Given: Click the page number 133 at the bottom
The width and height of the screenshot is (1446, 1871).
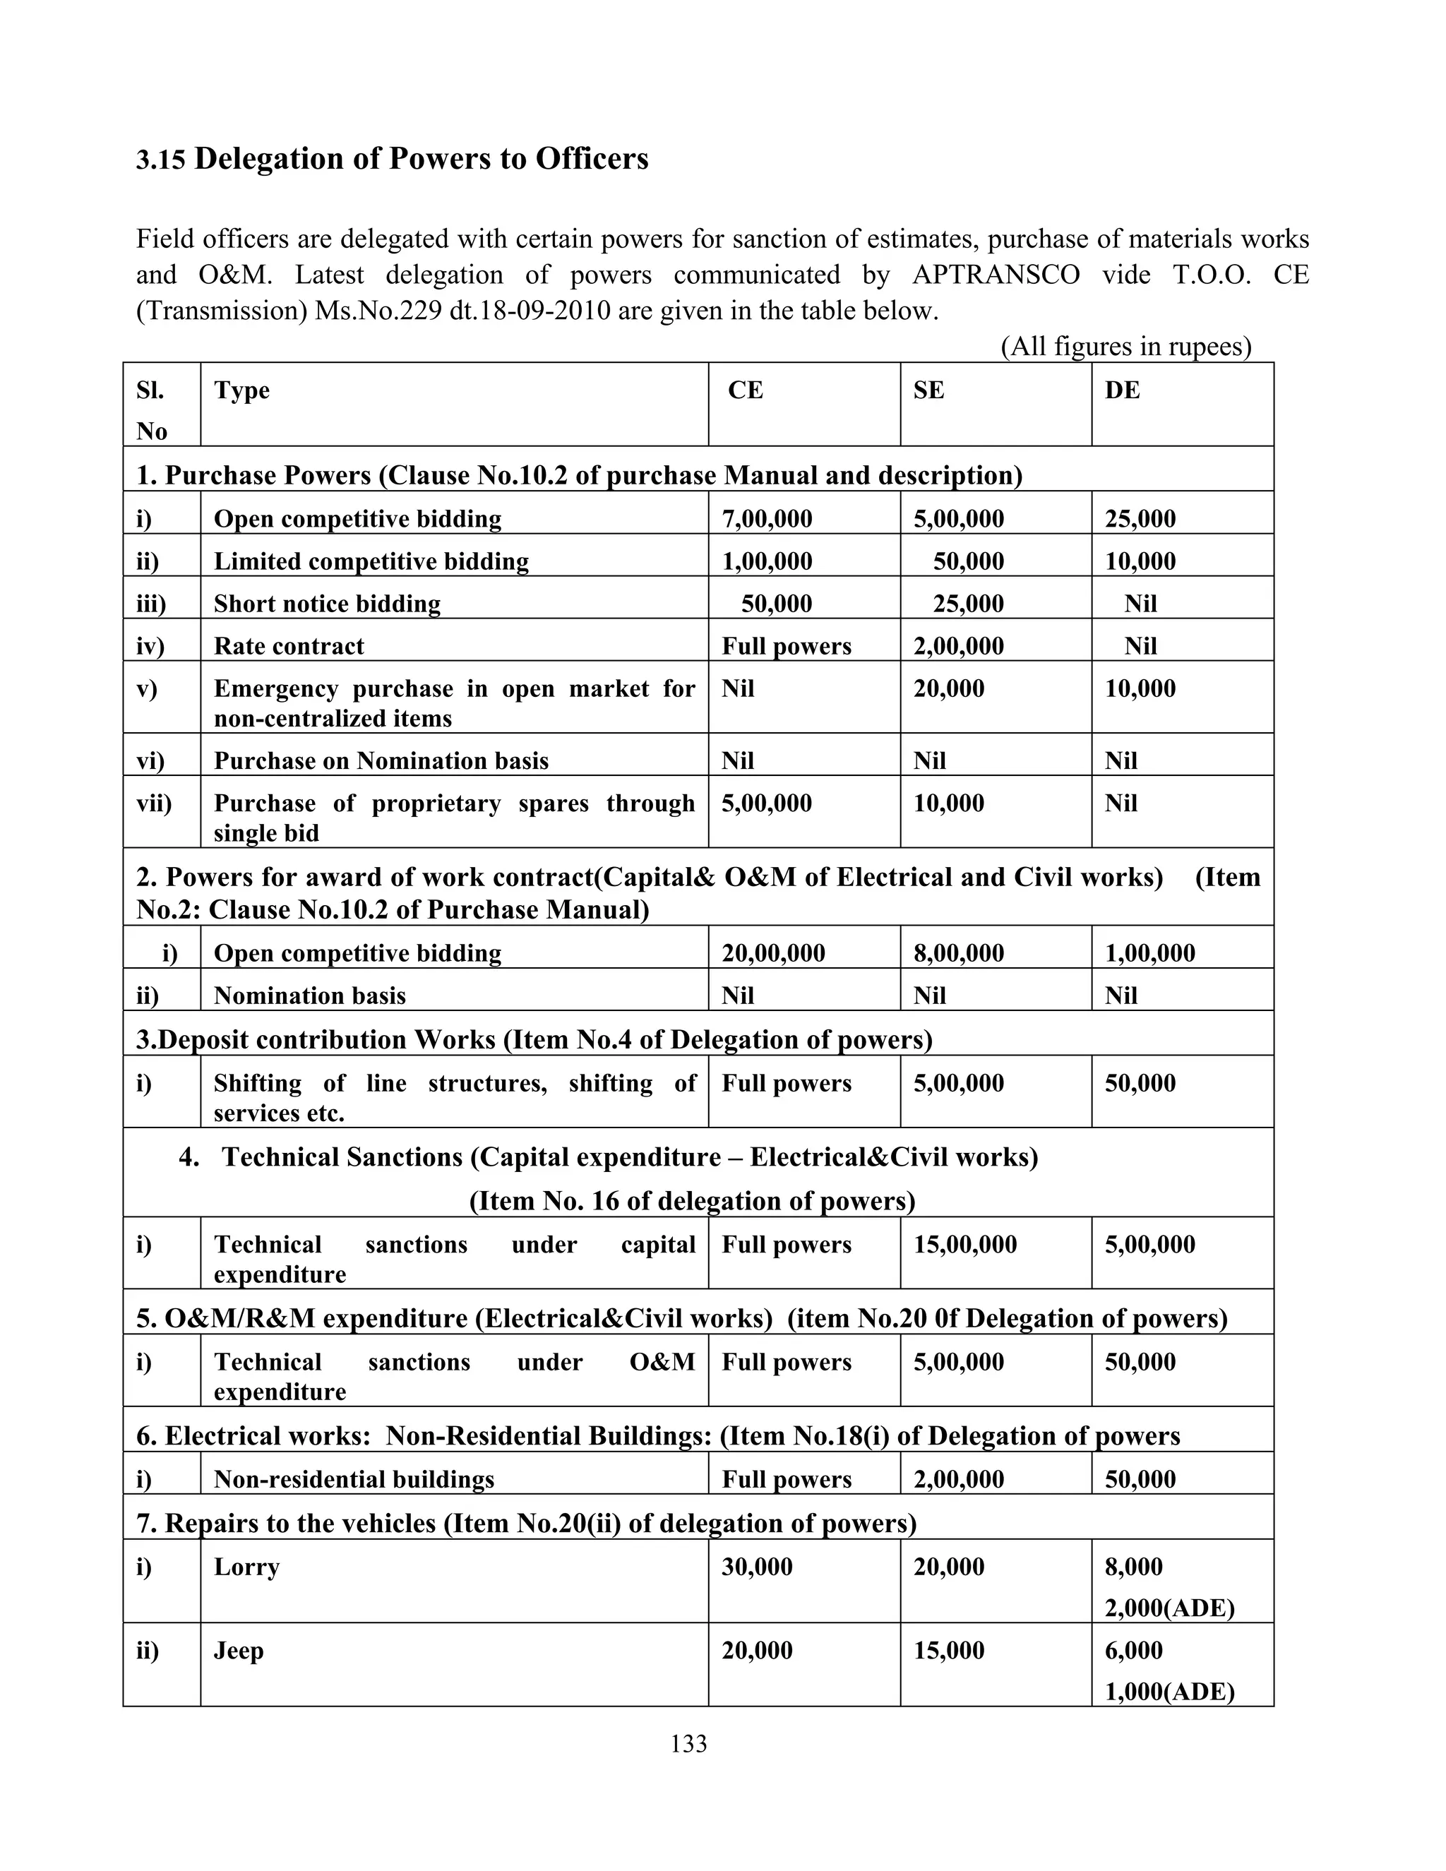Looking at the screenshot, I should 688,1744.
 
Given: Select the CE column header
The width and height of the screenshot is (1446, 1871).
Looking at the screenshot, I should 746,390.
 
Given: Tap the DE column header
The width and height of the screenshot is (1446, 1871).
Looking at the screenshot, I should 1122,390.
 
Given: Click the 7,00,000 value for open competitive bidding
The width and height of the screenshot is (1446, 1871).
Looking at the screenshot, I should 767,519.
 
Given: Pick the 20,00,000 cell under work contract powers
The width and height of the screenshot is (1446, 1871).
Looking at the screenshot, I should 774,953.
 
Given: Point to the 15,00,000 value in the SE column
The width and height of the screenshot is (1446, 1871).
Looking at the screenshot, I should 964,1245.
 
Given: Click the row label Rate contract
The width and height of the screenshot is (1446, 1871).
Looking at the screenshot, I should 289,646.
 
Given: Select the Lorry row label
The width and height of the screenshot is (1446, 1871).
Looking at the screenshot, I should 246,1567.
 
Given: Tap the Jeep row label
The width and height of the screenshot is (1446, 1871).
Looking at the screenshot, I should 238,1651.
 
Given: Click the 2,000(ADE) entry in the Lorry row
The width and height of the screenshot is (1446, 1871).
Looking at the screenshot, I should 1169,1608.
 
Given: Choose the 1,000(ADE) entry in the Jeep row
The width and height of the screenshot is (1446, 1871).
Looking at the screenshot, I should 1169,1692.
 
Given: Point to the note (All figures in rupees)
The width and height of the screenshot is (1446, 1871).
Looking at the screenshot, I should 1125,346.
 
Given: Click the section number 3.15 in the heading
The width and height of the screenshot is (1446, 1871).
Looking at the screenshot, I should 160,160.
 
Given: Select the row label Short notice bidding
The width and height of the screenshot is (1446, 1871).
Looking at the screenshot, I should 327,604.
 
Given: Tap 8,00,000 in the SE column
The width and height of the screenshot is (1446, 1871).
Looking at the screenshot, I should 959,953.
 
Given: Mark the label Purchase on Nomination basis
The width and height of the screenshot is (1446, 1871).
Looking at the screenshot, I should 381,760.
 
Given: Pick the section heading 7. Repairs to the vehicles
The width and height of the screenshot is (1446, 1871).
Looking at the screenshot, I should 526,1523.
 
